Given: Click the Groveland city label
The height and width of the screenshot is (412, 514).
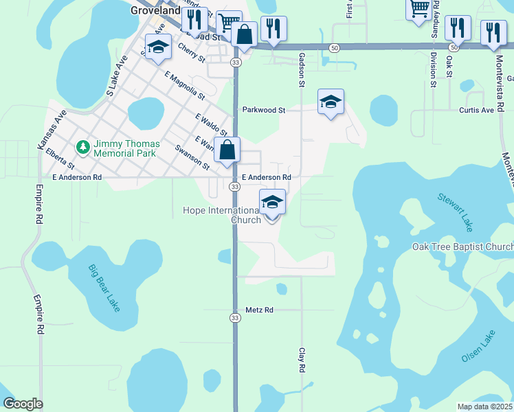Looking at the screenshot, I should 155,11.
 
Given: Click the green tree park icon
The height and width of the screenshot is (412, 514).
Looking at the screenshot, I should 82,148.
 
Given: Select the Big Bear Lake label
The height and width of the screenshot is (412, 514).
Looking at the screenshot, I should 104,288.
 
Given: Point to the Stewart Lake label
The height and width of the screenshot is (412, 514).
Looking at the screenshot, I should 456,211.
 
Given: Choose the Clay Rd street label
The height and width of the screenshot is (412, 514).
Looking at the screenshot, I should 301,360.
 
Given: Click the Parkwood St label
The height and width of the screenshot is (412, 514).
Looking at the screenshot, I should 263,110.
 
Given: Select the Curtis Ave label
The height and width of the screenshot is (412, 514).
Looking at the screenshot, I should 476,110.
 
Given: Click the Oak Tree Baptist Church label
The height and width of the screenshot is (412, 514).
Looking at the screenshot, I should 462,247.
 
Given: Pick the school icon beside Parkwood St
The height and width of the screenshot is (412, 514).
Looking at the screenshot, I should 331,102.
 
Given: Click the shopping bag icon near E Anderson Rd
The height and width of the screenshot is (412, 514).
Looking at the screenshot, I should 227,148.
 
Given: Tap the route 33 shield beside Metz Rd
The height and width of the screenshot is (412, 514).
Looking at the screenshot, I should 234,318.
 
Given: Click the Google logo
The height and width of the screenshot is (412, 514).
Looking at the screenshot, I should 23,404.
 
